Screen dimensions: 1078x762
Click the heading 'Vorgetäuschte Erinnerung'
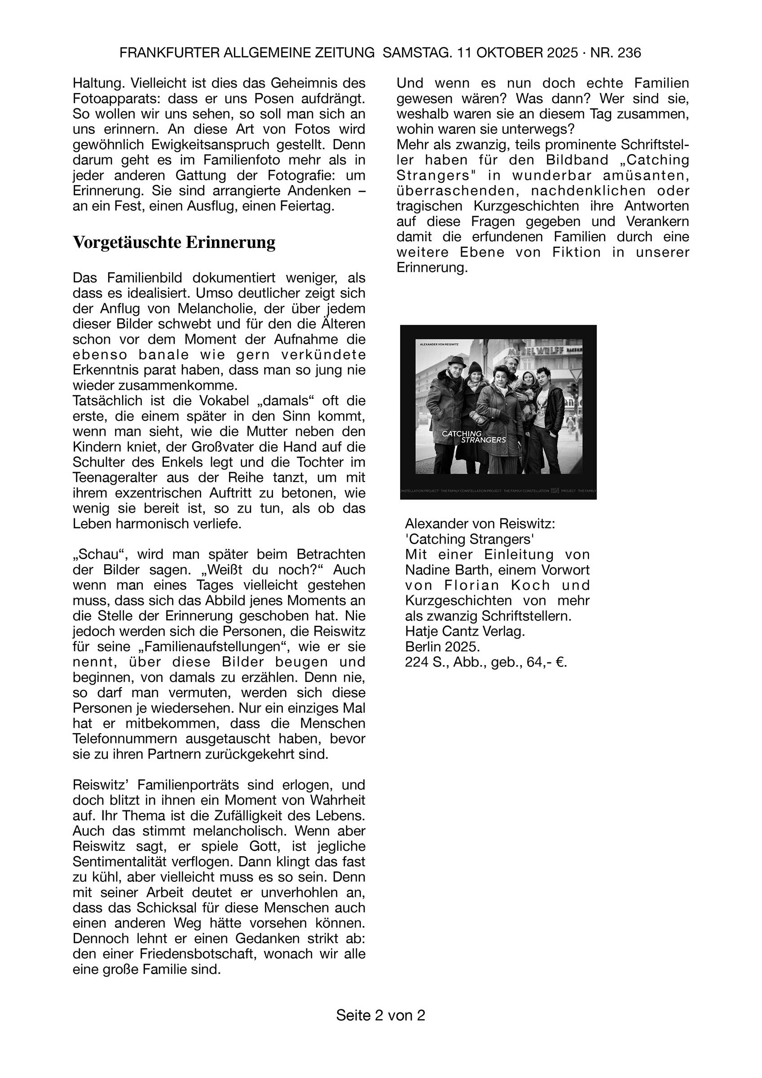174,243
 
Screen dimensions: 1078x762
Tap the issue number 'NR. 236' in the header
616,53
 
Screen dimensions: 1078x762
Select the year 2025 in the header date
562,53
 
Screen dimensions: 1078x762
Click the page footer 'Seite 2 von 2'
380,1015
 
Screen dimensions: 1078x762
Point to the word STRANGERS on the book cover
483,440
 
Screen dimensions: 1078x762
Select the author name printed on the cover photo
436,344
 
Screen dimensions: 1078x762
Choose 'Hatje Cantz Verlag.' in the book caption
465,632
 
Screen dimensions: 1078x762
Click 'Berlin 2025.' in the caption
442,647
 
